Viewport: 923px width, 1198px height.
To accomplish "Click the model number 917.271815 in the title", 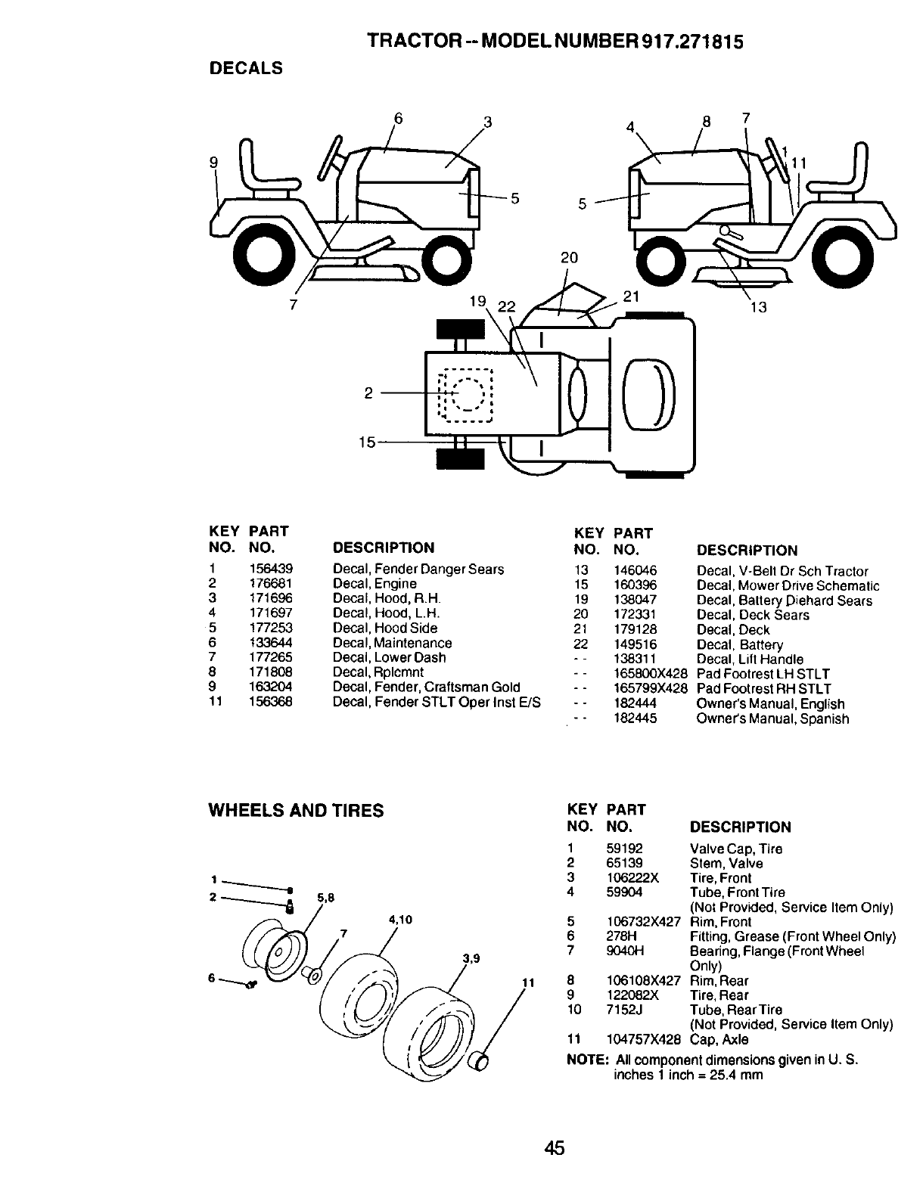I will [692, 42].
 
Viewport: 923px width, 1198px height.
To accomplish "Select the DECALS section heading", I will [246, 68].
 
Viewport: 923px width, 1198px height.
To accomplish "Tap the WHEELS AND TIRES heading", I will [296, 811].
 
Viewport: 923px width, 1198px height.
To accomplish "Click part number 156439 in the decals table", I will [270, 570].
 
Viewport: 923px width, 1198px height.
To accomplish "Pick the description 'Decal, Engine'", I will [374, 584].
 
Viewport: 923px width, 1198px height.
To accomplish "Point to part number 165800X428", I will [650, 674].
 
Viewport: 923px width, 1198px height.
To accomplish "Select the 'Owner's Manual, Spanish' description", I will [772, 718].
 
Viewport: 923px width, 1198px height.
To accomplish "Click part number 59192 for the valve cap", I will [624, 849].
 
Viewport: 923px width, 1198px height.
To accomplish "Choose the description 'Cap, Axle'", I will [719, 1039].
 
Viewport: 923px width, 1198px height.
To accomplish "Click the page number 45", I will [554, 1148].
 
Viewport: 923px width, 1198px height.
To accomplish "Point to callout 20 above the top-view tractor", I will [569, 258].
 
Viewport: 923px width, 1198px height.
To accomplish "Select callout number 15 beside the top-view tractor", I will [367, 442].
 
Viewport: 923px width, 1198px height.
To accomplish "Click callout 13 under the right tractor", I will [758, 308].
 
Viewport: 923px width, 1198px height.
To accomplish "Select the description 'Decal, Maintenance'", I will [392, 643].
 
